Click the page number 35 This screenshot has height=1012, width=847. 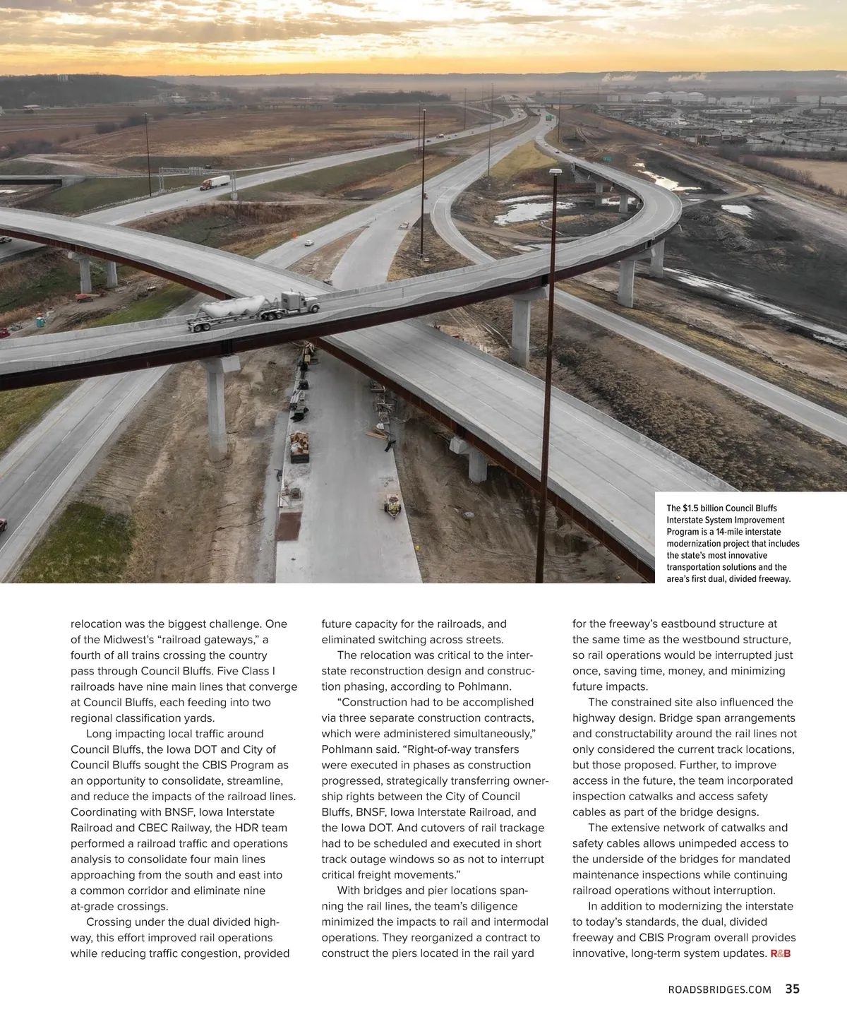coord(792,989)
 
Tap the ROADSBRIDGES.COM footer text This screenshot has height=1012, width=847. coord(719,990)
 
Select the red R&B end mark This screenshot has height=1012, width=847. coord(780,954)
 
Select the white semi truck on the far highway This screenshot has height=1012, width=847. coord(215,182)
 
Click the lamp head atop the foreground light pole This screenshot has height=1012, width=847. coord(555,172)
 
